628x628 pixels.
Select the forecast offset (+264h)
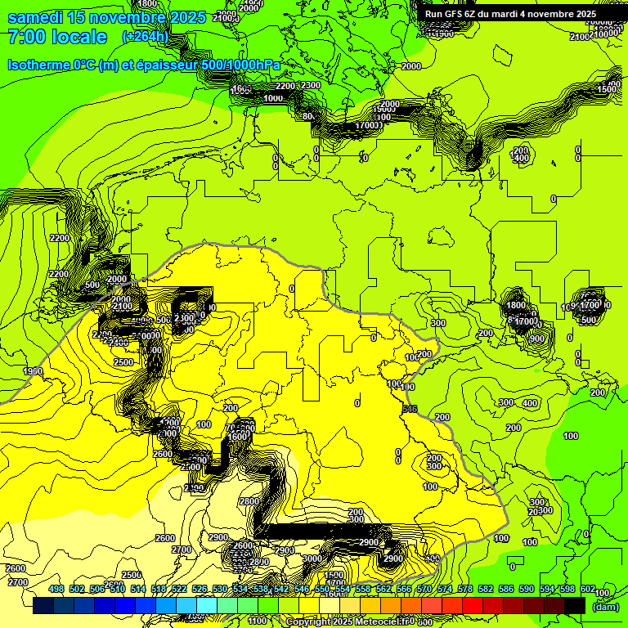coord(145,37)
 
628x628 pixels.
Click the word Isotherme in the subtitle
coord(38,65)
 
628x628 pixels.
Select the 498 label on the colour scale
coord(56,590)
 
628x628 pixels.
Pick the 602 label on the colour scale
coord(588,590)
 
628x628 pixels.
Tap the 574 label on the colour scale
coord(445,590)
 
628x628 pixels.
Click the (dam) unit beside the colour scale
coord(606,606)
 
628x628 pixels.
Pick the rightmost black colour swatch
coord(575,606)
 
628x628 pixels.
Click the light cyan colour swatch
coord(207,606)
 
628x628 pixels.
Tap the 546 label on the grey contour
coord(410,409)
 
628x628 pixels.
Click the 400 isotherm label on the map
coord(530,403)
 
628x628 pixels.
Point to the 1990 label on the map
coord(34,371)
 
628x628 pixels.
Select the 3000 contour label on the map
coord(312,559)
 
